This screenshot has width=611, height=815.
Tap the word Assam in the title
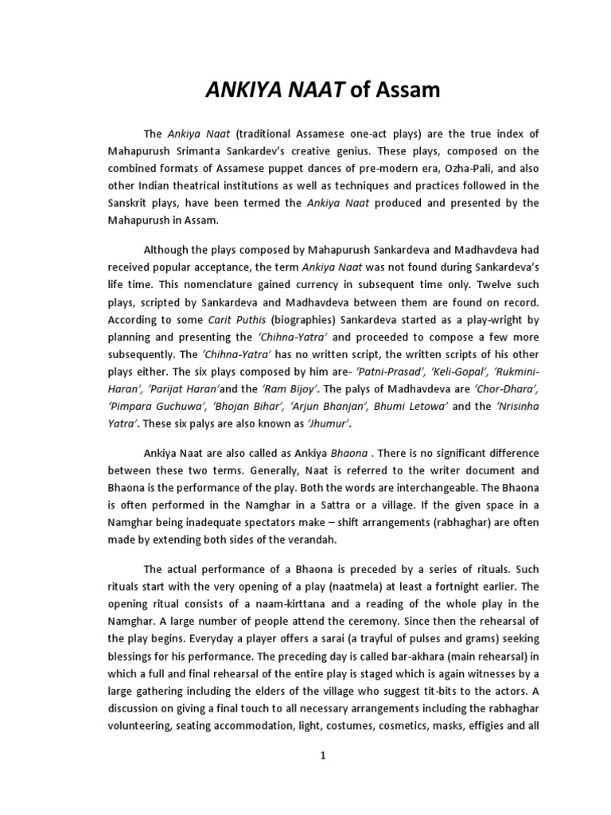[407, 91]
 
